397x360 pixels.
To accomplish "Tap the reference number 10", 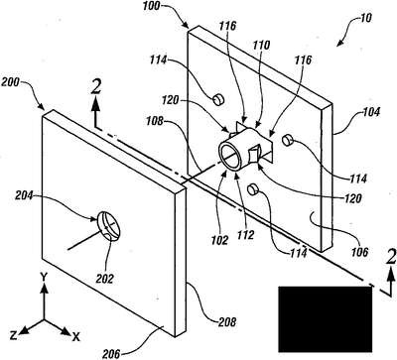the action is [365, 18].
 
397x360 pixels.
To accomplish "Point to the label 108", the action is [155, 121].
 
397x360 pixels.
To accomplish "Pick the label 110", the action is [261, 46].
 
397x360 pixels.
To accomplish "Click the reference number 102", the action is [220, 240].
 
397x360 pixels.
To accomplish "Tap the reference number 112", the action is [244, 235].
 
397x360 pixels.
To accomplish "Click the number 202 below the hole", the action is [104, 279].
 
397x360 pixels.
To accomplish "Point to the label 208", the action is [227, 321].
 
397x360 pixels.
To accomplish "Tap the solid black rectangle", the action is [326, 319].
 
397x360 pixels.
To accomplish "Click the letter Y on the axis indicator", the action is [43, 276].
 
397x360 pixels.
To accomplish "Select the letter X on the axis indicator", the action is [75, 337].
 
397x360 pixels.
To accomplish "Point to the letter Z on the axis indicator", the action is [13, 336].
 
